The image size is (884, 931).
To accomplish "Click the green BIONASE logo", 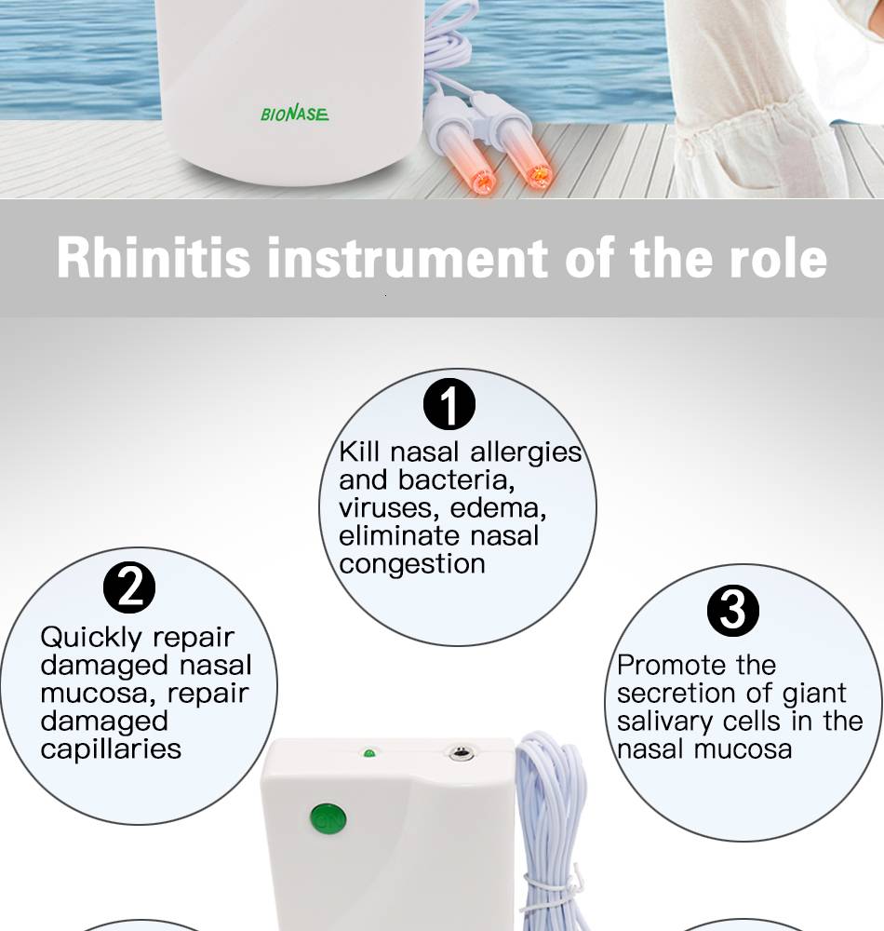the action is click(x=294, y=114).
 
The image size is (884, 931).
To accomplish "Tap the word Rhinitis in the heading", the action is click(x=154, y=258).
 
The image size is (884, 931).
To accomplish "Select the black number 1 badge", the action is click(x=449, y=404).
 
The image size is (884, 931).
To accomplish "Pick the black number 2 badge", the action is click(x=129, y=587).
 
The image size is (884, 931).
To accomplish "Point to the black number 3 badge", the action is click(x=733, y=611).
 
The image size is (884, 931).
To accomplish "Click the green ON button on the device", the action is click(x=328, y=819).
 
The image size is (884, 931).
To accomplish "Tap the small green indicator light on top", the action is click(x=369, y=753).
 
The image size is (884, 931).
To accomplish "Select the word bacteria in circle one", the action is click(x=456, y=479).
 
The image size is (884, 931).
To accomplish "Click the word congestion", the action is click(x=412, y=564).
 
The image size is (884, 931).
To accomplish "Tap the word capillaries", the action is click(x=111, y=749).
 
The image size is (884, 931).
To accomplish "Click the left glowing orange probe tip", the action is click(x=484, y=181).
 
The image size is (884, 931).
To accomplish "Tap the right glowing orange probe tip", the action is click(x=539, y=175).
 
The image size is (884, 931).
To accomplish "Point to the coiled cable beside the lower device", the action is click(x=552, y=831).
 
